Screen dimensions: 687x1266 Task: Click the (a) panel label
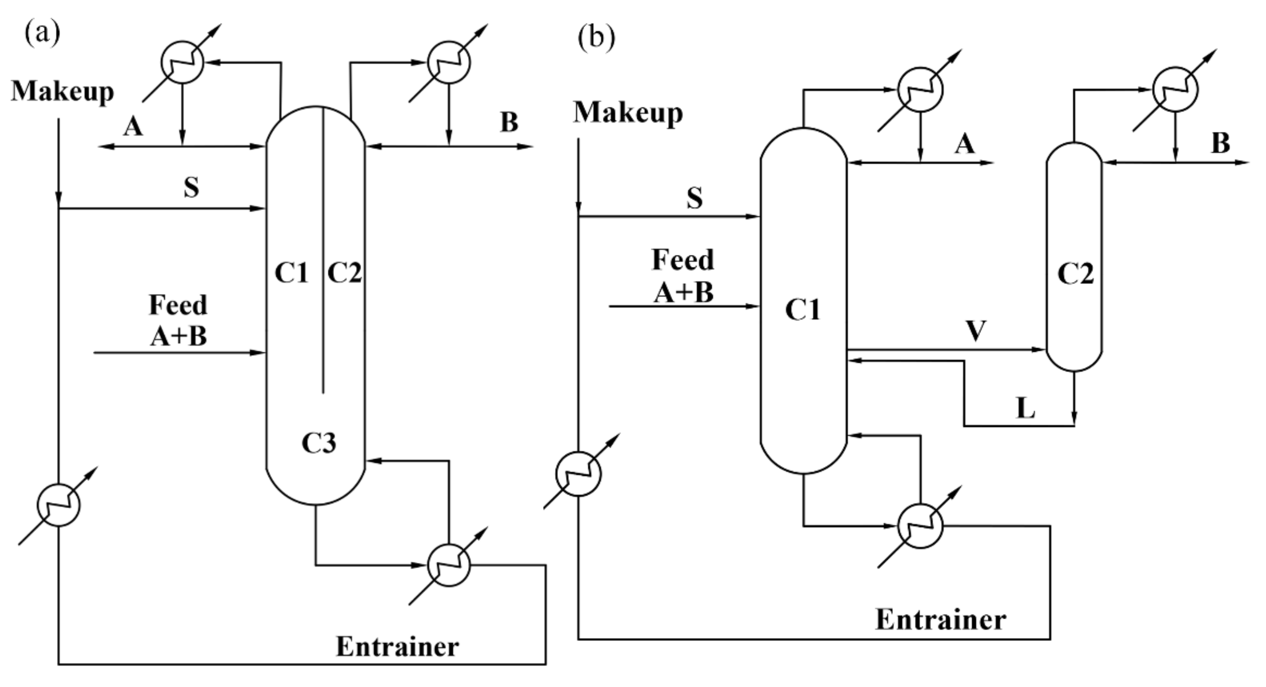[42, 34]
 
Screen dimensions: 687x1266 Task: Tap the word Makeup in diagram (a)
[63, 92]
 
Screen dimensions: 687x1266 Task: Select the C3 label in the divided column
[319, 443]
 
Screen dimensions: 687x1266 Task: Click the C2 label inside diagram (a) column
[344, 273]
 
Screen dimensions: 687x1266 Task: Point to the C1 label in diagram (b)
[803, 310]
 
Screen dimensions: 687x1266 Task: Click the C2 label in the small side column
[1075, 274]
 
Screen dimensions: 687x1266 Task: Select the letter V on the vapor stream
[976, 331]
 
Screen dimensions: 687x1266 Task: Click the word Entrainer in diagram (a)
[397, 647]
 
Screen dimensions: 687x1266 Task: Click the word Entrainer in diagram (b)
[940, 620]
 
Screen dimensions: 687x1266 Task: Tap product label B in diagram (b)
[1221, 143]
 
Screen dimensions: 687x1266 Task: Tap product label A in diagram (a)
[133, 127]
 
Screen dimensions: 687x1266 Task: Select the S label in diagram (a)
[191, 187]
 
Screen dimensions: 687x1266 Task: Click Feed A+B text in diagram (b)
[683, 276]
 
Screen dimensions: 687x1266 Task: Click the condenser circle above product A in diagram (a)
[182, 63]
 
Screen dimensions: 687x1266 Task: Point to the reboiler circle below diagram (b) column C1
[920, 526]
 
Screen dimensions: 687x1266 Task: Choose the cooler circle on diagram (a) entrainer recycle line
[58, 505]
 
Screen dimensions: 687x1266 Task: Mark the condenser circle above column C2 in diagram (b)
[1175, 89]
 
